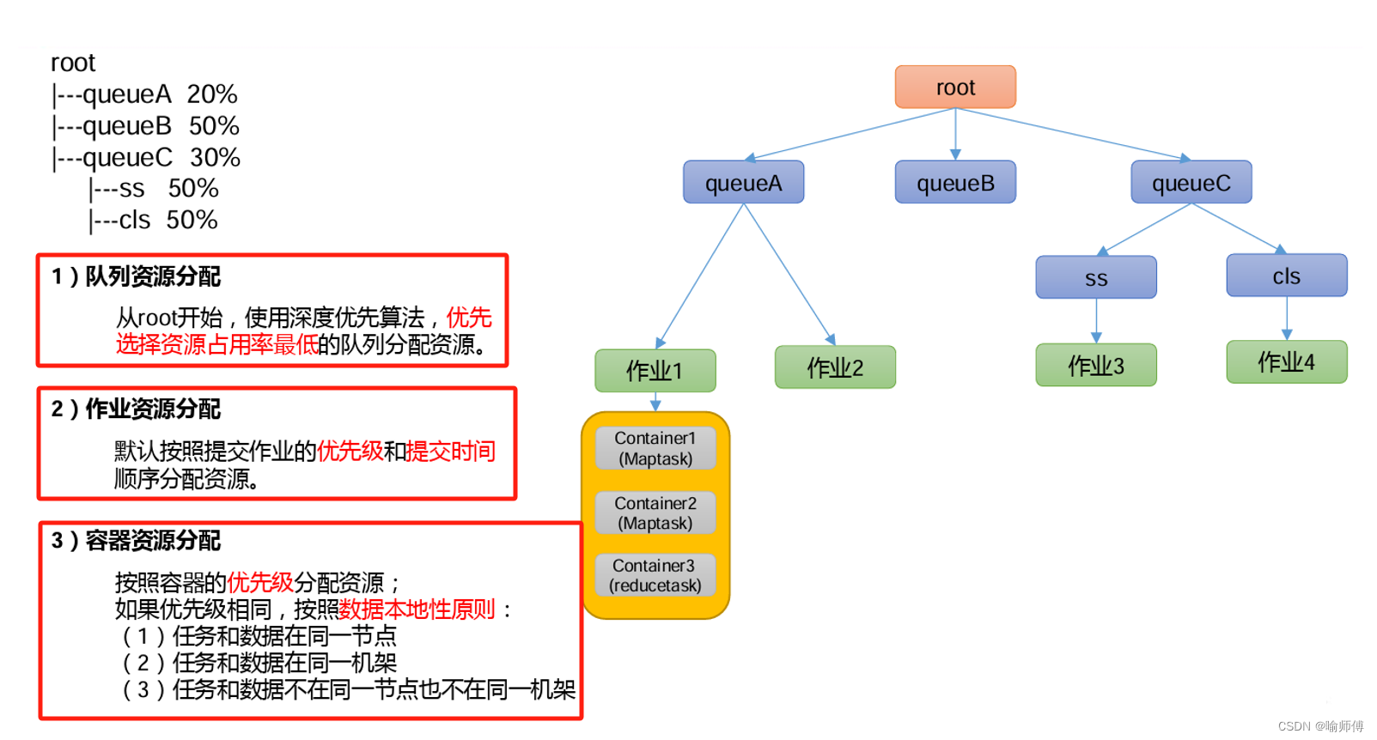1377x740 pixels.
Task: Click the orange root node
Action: [x=955, y=87]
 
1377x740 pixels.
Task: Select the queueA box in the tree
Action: [x=743, y=182]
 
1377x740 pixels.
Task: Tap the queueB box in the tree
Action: [x=955, y=182]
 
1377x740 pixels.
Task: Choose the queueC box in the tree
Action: [x=1191, y=182]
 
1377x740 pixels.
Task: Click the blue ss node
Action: [x=1095, y=277]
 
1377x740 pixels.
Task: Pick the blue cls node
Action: [x=1286, y=276]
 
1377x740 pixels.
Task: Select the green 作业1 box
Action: [x=655, y=370]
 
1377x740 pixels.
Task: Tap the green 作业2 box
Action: [x=835, y=367]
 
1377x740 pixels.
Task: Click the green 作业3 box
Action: [x=1095, y=366]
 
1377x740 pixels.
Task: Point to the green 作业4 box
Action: [x=1286, y=362]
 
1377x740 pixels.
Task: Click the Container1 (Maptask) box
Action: [x=655, y=448]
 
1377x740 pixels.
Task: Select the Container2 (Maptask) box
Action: [x=655, y=513]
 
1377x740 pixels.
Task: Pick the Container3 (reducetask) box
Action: [x=655, y=575]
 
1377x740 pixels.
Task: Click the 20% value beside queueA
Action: [x=212, y=94]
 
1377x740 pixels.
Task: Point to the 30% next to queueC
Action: [x=215, y=157]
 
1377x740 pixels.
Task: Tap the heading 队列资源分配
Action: [x=153, y=276]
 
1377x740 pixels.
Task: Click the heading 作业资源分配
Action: [x=153, y=409]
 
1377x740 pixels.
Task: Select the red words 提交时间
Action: [x=450, y=451]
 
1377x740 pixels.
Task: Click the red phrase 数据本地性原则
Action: [x=417, y=610]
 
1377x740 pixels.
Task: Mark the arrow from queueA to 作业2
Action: [x=789, y=274]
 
